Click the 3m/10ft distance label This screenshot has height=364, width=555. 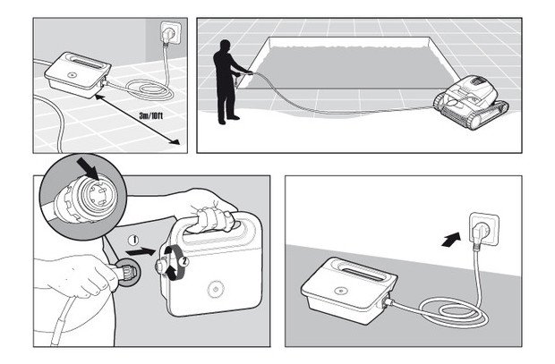click(x=151, y=115)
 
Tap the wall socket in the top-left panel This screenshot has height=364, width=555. click(x=171, y=33)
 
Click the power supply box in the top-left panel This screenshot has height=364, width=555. click(x=78, y=74)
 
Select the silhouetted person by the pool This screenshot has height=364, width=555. click(x=228, y=82)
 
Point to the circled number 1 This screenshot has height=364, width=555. click(x=133, y=241)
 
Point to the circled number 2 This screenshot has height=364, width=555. click(x=184, y=262)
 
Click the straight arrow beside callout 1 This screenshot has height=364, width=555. click(x=141, y=251)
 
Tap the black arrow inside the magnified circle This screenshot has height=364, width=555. click(x=88, y=168)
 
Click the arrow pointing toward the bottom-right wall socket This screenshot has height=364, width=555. click(x=451, y=239)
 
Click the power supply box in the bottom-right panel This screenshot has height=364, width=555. click(x=348, y=290)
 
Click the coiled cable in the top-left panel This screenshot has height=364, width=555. click(x=149, y=89)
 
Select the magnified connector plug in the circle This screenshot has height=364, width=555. click(x=85, y=198)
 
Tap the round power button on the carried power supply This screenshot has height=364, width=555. click(x=215, y=289)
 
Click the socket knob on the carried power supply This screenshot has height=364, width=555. click(x=162, y=267)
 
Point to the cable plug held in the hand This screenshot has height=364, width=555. click(x=126, y=273)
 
